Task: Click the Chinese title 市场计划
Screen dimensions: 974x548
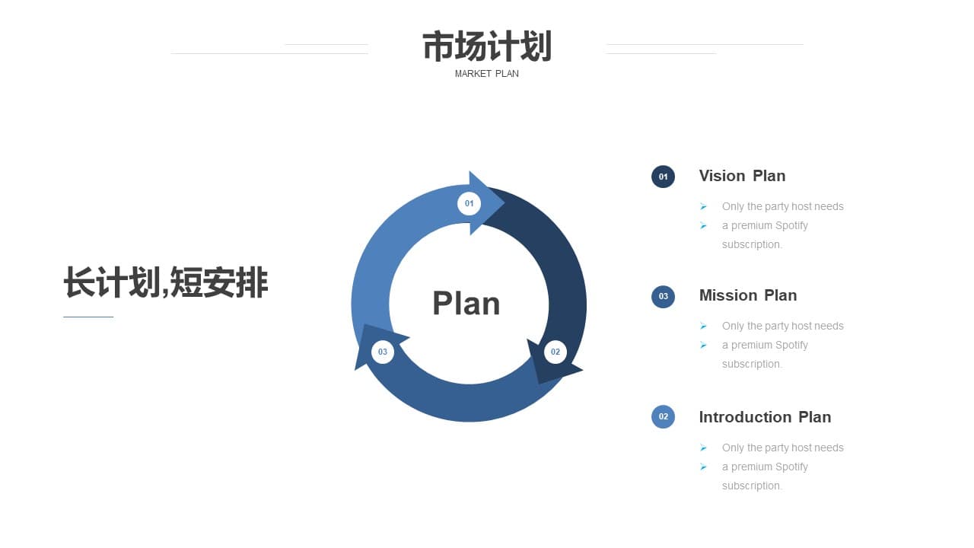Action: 487,46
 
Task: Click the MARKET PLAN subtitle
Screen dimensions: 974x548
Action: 486,74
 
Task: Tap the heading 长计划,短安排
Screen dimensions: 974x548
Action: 166,282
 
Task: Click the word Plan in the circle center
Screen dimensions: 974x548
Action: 466,303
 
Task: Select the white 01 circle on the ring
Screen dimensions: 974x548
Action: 469,203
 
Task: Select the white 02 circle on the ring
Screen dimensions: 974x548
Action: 555,352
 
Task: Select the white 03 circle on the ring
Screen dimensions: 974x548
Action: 383,352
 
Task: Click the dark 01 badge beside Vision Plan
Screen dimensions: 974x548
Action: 663,177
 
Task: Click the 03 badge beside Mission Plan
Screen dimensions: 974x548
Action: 663,297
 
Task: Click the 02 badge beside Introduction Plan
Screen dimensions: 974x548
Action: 663,416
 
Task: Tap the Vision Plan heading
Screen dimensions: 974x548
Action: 742,176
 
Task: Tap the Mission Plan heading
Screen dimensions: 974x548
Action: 748,295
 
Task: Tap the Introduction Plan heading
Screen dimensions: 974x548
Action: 766,417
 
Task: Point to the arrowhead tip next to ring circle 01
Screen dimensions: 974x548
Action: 505,202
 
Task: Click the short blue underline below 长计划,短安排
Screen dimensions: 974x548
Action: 88,317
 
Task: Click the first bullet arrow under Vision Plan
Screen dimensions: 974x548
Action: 703,206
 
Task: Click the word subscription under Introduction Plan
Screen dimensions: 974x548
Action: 752,486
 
